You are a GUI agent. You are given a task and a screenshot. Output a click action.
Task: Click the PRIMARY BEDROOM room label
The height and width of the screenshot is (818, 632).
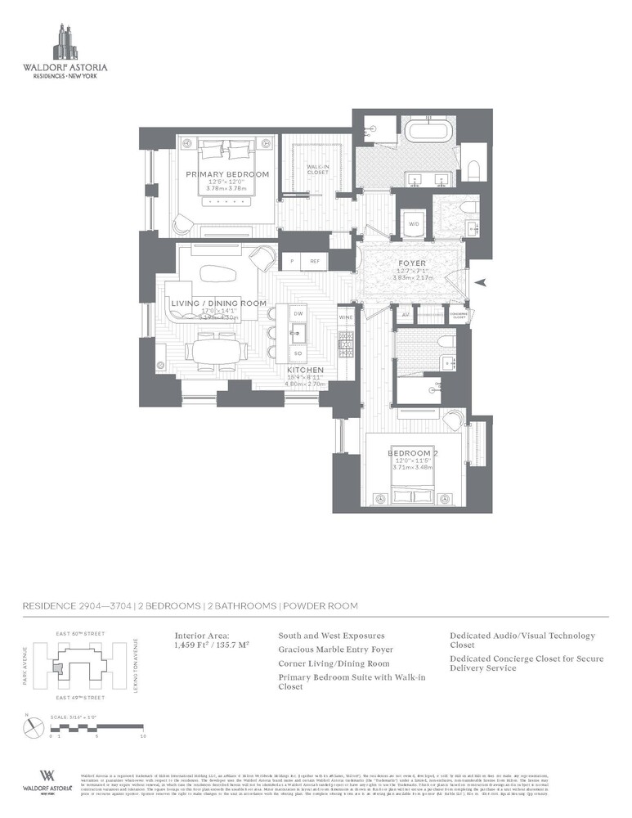227,174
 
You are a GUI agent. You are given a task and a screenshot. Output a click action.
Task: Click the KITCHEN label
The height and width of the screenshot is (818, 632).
306,370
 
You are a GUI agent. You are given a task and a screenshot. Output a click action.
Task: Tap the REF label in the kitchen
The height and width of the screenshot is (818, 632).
315,262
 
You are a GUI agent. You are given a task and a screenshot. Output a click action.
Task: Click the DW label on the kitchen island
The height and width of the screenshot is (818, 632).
298,313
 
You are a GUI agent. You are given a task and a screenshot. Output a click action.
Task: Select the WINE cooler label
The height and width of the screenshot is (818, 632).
345,316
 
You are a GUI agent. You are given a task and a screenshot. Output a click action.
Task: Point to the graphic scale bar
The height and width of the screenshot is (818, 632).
97,728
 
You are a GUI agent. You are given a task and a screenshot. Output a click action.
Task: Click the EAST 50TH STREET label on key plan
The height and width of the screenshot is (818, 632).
81,633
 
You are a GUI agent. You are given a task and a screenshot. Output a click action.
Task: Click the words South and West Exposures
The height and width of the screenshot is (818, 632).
331,636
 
